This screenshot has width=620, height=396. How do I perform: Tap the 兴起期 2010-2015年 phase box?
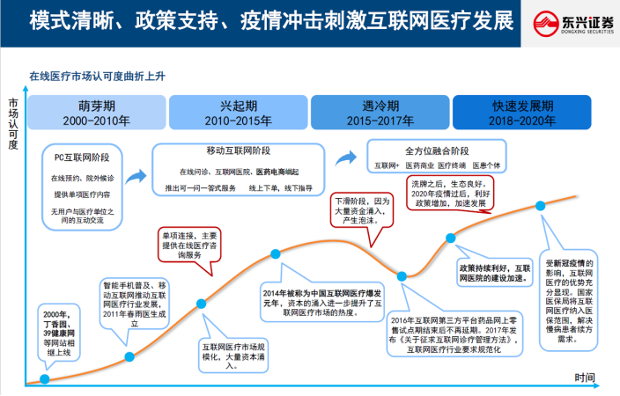238,112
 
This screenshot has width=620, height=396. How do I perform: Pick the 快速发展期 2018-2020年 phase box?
522,112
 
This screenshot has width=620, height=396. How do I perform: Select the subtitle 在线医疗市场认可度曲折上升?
97,77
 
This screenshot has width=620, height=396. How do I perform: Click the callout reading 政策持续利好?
494,271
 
